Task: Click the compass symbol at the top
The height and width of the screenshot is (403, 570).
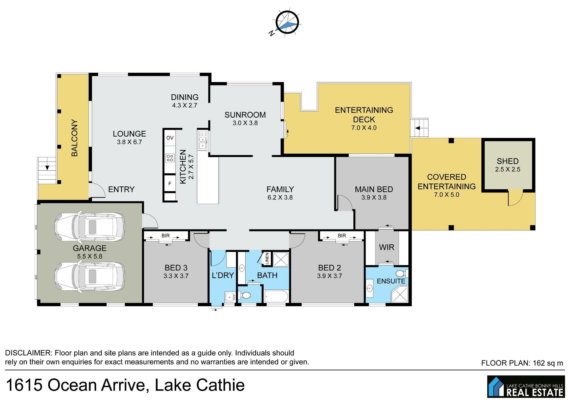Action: [286, 23]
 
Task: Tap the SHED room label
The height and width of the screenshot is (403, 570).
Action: [508, 161]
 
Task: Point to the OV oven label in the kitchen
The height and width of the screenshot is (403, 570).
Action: [170, 138]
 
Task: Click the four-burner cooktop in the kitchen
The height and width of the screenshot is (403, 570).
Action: [170, 158]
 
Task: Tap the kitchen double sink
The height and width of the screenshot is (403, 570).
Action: [203, 140]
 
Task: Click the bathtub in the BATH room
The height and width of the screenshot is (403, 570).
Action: [276, 296]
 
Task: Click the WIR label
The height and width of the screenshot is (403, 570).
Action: [387, 247]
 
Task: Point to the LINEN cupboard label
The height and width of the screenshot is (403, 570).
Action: [267, 259]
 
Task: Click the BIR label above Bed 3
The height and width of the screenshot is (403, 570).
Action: [166, 236]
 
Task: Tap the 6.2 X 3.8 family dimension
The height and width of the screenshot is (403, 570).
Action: [280, 197]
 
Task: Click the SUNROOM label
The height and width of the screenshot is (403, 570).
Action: [245, 115]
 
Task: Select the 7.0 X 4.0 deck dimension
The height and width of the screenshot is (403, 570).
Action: [364, 128]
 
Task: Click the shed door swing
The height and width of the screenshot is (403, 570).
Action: [515, 198]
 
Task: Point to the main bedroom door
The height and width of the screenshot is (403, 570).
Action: [345, 203]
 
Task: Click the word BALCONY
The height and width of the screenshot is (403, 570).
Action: [74, 138]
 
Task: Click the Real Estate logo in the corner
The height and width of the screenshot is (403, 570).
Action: [526, 386]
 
